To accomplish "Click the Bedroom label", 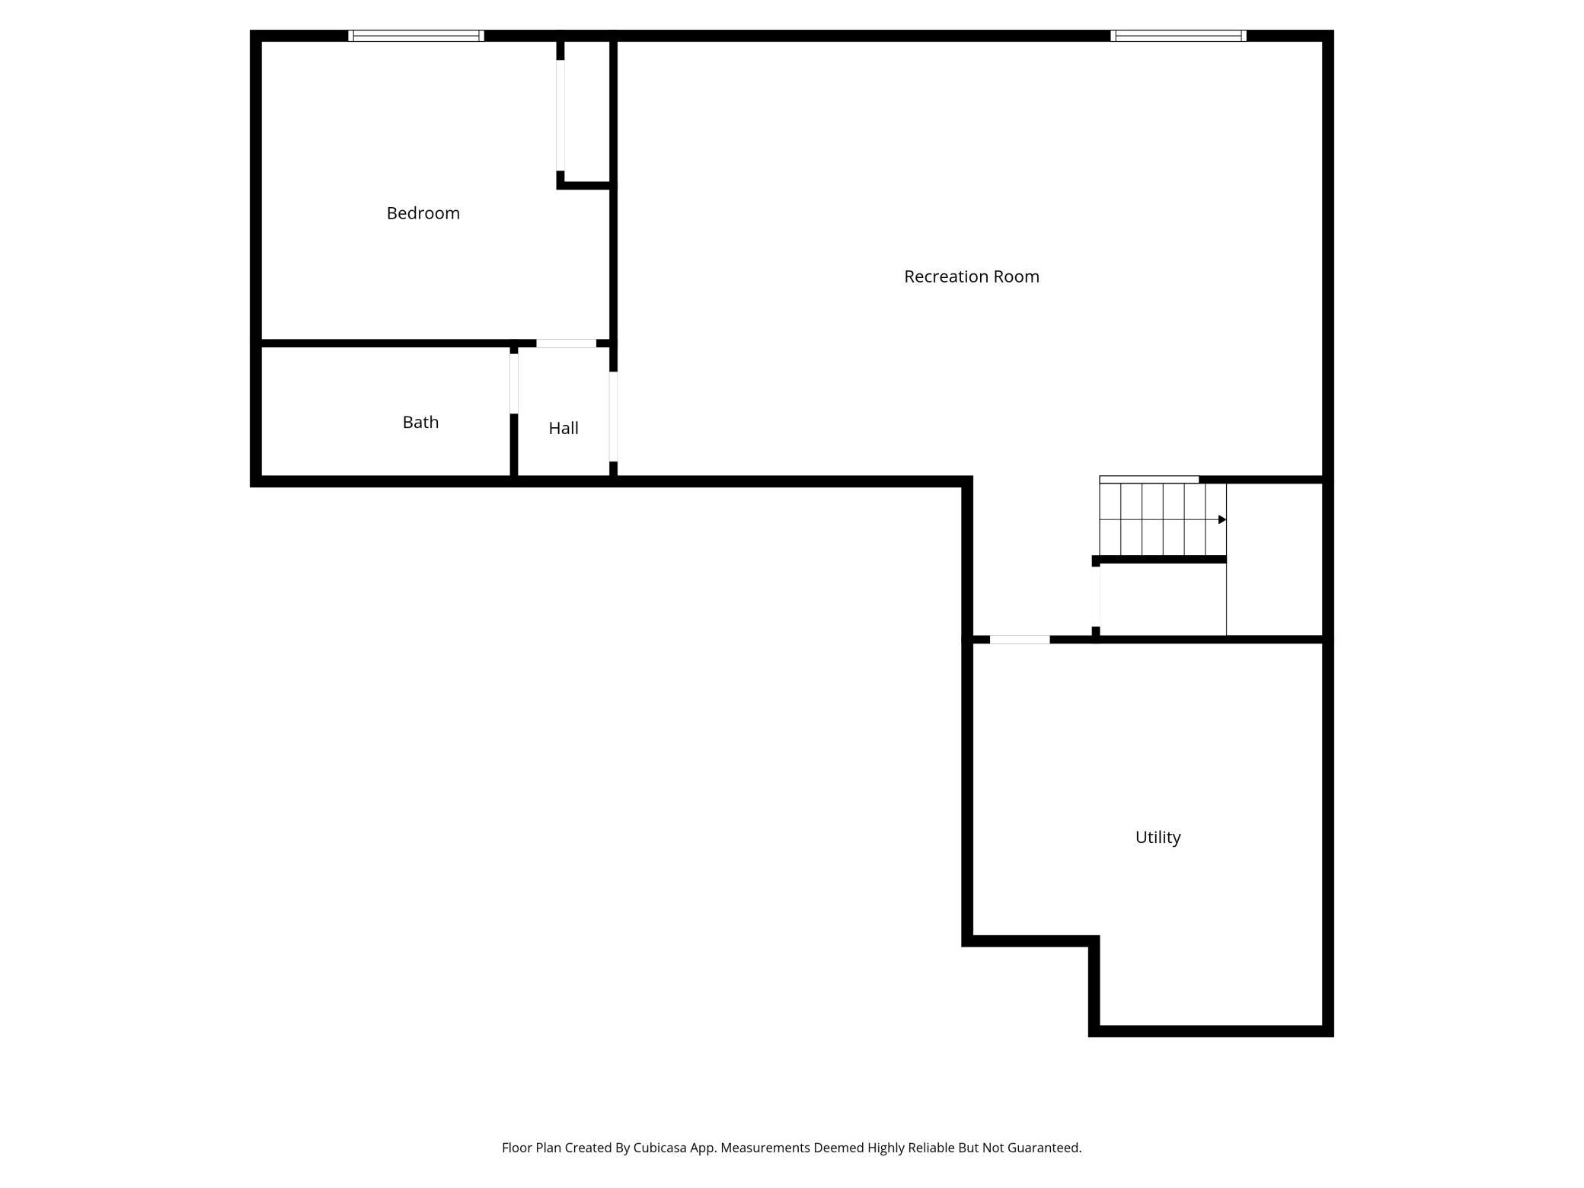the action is coord(423,213).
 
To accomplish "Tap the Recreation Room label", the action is coord(971,276).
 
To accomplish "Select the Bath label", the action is coord(420,422).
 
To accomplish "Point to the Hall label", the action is coord(564,428).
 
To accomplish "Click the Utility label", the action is coord(1158,837).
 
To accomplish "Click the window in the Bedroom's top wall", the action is coord(416,36).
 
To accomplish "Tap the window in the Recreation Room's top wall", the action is coord(1178,36).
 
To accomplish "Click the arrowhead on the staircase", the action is coord(1222,519).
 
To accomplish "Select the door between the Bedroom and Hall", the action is coord(566,343).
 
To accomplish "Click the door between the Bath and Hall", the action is coord(514,384).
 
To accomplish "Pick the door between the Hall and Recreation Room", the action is coord(613,417).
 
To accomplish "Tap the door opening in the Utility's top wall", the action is coord(1020,640).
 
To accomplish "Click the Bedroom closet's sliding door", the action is coord(560,116).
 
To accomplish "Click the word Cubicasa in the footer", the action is coord(660,1148).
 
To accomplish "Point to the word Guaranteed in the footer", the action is coord(1044,1148).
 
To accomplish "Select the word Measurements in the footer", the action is coord(765,1148).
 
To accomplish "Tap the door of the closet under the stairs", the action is coord(1097,597).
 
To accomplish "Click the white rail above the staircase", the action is coord(1149,480).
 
